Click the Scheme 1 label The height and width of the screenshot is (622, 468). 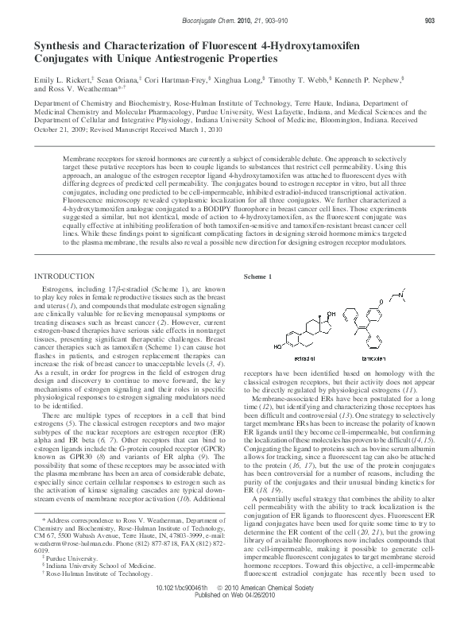click(x=258, y=276)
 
